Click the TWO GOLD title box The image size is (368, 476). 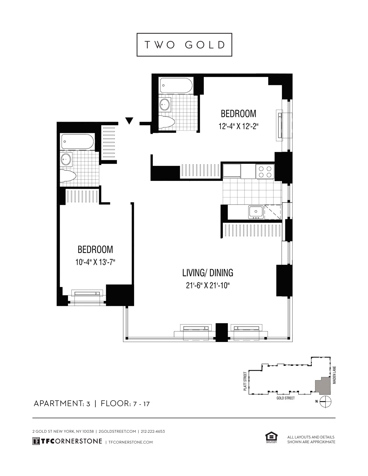pyautogui.click(x=184, y=45)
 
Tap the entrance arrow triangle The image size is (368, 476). pyautogui.click(x=129, y=121)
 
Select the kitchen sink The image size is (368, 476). pyautogui.click(x=256, y=212)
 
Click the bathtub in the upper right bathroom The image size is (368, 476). pyautogui.click(x=176, y=85)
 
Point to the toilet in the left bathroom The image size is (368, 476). pyautogui.click(x=67, y=176)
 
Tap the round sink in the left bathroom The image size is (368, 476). pyautogui.click(x=66, y=159)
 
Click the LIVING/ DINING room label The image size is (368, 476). pyautogui.click(x=208, y=273)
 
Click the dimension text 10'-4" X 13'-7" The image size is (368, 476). pyautogui.click(x=95, y=262)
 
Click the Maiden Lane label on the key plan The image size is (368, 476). pyautogui.click(x=334, y=375)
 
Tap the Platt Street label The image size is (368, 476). pyautogui.click(x=245, y=381)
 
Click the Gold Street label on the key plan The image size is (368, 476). pyautogui.click(x=285, y=398)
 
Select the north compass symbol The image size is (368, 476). pyautogui.click(x=326, y=401)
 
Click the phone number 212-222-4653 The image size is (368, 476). pyautogui.click(x=153, y=431)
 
